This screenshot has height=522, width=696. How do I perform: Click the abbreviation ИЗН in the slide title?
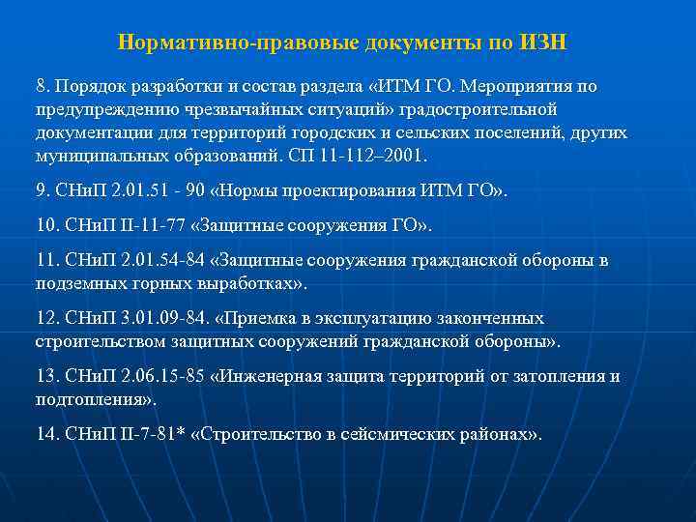545,43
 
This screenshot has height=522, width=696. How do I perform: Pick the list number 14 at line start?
45,434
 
